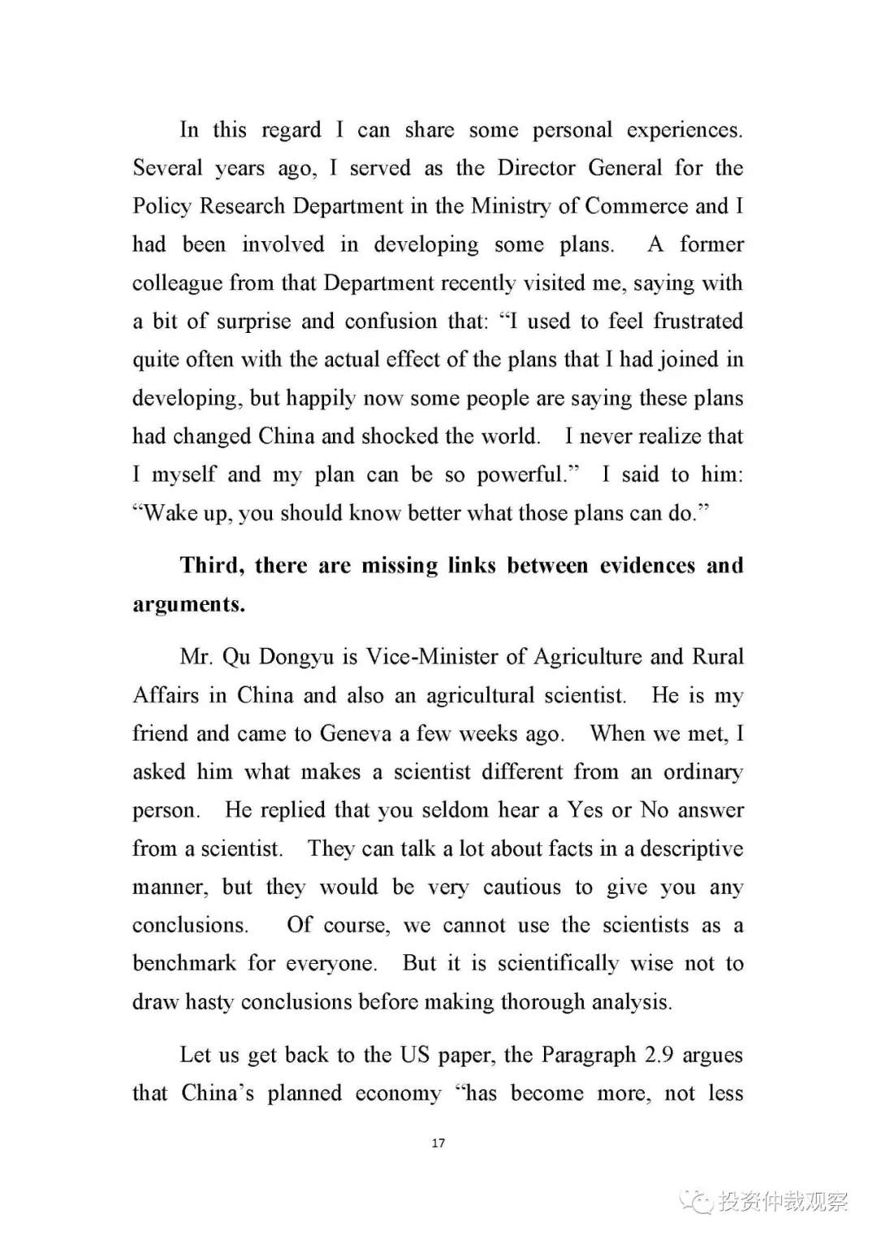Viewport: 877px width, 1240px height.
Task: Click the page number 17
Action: click(438, 1143)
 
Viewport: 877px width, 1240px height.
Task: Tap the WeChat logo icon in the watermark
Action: click(697, 1200)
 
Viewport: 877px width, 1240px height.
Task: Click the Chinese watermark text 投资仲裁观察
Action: click(783, 1201)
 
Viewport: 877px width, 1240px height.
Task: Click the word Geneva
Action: click(356, 734)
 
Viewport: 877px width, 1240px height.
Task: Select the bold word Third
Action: click(211, 566)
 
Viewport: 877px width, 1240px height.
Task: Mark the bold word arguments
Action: click(188, 604)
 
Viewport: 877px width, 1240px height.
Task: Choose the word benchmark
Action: click(184, 964)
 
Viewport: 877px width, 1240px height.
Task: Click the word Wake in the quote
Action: click(170, 513)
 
